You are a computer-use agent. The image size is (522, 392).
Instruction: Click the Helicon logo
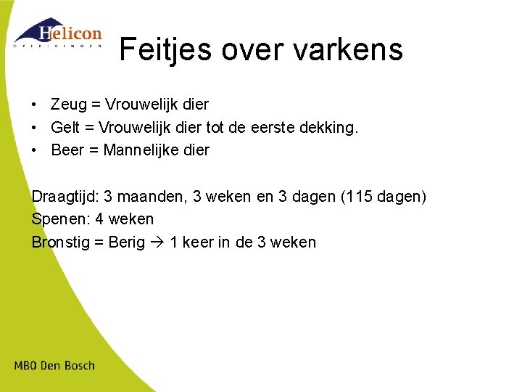(x=58, y=33)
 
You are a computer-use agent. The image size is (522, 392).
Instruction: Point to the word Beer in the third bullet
(x=68, y=150)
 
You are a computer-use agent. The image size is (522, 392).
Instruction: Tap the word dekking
(x=331, y=127)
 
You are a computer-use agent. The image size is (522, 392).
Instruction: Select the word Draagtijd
(x=64, y=197)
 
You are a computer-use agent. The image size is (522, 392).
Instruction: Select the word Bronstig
(x=61, y=242)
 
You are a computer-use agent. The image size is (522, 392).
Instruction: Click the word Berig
(x=126, y=242)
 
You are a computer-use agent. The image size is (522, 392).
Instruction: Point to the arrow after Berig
(x=157, y=242)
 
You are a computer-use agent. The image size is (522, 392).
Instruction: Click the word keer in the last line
(x=196, y=242)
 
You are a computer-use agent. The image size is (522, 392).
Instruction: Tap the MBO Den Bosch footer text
(x=54, y=365)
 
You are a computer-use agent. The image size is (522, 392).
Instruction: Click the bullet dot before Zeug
(x=36, y=105)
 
